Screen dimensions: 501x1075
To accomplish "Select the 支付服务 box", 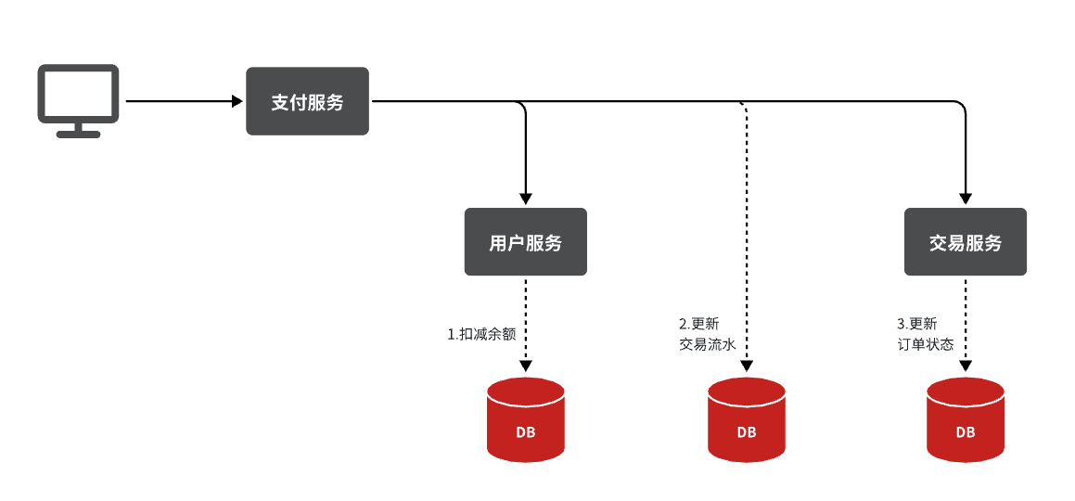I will click(x=307, y=101).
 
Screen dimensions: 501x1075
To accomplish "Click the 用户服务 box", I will click(x=525, y=242).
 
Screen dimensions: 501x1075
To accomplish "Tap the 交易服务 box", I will click(x=965, y=242).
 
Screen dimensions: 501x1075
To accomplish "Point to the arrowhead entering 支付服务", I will click(x=237, y=101).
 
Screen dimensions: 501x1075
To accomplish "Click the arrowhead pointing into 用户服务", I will click(x=526, y=199).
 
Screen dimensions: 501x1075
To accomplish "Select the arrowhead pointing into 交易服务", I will click(x=966, y=199).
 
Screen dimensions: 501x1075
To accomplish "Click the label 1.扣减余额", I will click(x=480, y=334).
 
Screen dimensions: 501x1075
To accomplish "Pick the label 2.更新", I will click(x=698, y=324).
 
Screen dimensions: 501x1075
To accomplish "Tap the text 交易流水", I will click(x=707, y=345).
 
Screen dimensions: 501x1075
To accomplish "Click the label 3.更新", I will click(x=916, y=324).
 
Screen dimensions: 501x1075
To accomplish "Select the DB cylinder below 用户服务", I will click(x=526, y=419).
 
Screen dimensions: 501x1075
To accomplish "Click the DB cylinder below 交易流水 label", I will click(x=746, y=419).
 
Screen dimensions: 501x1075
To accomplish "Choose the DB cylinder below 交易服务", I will click(x=966, y=419).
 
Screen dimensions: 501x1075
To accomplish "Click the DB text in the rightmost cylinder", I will click(x=966, y=432).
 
